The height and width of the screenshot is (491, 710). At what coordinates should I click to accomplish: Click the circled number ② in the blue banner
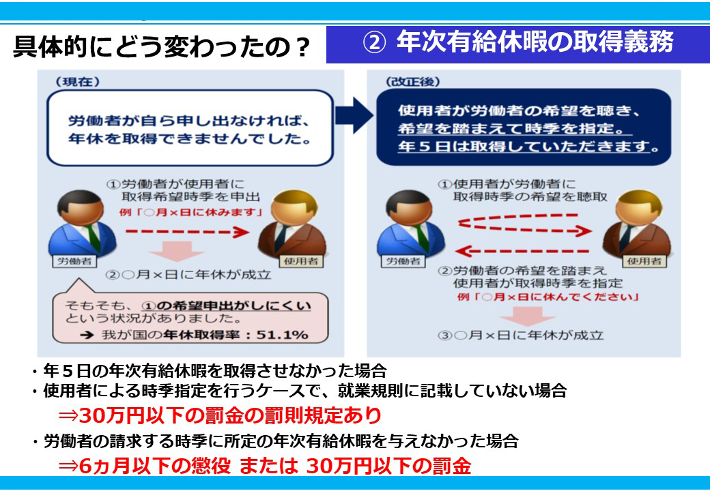click(x=374, y=43)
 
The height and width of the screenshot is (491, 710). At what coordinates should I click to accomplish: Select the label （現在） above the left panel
click(x=77, y=82)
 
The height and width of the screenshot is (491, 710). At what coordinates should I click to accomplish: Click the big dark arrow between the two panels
click(x=354, y=115)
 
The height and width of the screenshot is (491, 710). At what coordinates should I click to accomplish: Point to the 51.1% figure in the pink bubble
click(x=282, y=335)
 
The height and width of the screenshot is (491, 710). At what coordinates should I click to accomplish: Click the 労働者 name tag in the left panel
click(x=74, y=261)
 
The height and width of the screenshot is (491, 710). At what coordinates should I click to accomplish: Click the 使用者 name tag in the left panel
click(x=300, y=261)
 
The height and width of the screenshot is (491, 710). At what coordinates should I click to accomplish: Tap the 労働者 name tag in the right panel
click(x=403, y=261)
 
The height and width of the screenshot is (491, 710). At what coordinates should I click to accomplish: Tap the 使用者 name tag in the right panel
click(x=644, y=261)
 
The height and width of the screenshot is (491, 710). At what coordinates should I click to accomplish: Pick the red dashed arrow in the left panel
click(x=188, y=232)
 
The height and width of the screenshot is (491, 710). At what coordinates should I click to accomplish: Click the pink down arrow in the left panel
click(x=177, y=251)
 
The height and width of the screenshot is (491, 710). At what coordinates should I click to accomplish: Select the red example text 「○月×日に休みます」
click(x=191, y=212)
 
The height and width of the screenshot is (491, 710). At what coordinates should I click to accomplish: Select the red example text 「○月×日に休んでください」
click(x=548, y=297)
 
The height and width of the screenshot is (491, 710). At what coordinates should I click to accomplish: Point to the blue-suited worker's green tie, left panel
click(x=94, y=238)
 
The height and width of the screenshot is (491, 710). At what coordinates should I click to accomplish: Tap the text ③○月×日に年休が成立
click(x=521, y=335)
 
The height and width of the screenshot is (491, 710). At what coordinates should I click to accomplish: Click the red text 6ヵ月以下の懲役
click(x=154, y=466)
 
